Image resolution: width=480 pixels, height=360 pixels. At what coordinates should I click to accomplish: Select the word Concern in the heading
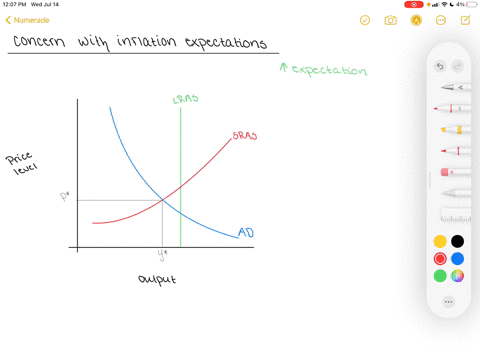(x=44, y=43)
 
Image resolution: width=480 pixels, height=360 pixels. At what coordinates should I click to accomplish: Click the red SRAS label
(x=244, y=135)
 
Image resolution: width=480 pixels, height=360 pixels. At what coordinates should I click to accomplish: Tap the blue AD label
(x=245, y=233)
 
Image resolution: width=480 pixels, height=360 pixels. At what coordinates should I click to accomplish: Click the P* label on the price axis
(x=65, y=197)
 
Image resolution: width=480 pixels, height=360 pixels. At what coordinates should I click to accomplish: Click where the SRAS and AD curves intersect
(x=163, y=200)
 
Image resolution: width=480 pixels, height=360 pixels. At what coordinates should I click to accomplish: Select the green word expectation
(x=330, y=71)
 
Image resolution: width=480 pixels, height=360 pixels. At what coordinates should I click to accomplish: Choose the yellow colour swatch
(x=440, y=241)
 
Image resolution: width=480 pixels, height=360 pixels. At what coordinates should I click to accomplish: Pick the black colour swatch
(x=457, y=241)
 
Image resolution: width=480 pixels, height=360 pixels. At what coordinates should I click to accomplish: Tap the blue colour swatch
(x=457, y=258)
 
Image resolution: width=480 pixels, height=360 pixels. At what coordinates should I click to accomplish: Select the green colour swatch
(x=440, y=275)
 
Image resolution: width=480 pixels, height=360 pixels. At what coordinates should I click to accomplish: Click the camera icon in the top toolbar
(x=391, y=20)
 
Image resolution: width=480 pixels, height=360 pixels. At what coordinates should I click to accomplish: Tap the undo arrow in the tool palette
(x=440, y=67)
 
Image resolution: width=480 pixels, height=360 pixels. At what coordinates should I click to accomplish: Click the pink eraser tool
(x=448, y=172)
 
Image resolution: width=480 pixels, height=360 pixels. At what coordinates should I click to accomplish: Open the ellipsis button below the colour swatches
(x=448, y=301)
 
